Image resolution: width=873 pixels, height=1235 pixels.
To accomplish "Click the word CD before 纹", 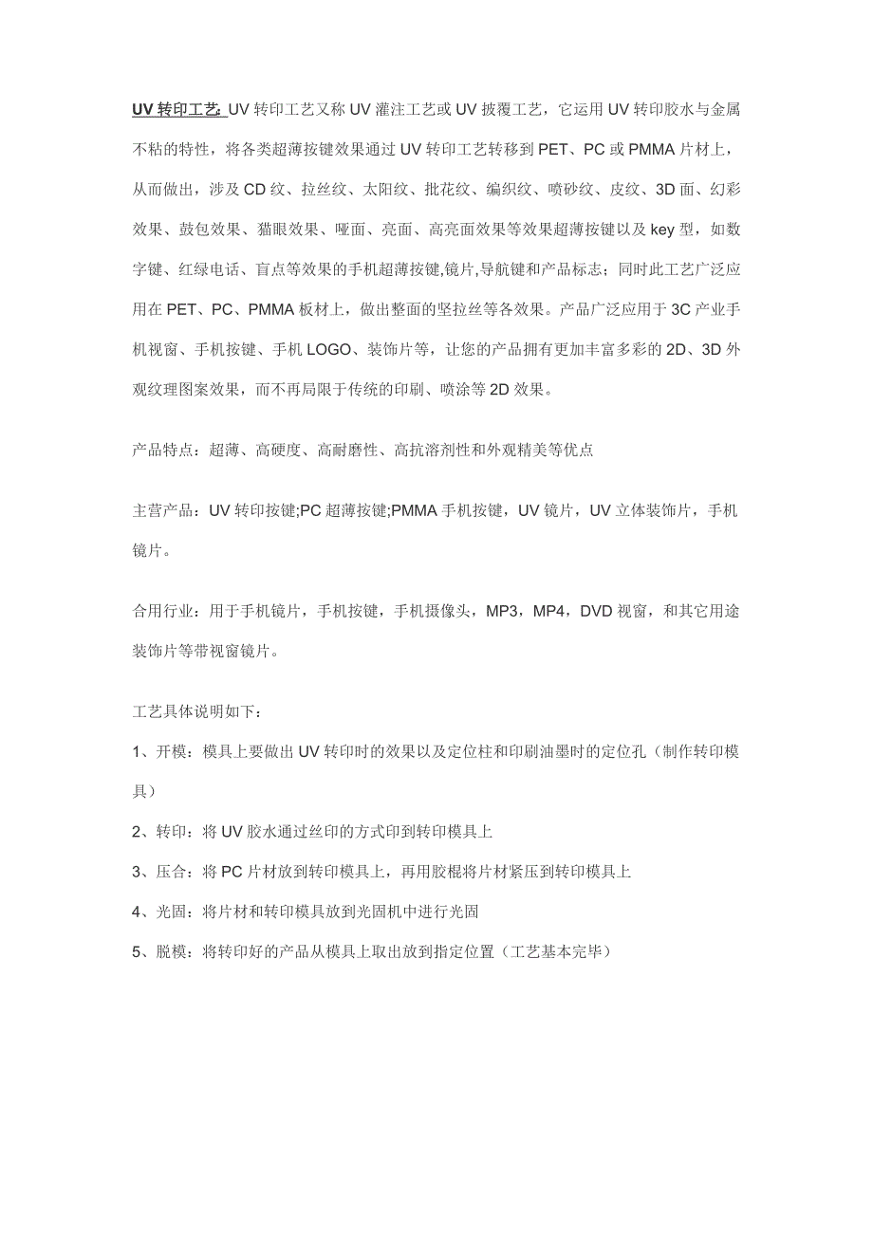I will (255, 189).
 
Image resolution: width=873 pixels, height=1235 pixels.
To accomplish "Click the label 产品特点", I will (162, 451).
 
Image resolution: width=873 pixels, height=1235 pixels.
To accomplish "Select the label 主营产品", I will (162, 511).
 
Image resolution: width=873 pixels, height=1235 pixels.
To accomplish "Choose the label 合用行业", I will (162, 611).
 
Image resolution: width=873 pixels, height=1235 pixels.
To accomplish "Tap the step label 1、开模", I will (162, 752).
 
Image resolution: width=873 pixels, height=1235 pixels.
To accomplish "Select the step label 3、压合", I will (162, 872).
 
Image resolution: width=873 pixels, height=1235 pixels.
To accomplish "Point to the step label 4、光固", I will (162, 912).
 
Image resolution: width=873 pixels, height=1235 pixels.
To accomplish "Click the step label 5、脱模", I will (162, 951).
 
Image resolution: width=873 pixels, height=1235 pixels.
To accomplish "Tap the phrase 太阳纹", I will (386, 189).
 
